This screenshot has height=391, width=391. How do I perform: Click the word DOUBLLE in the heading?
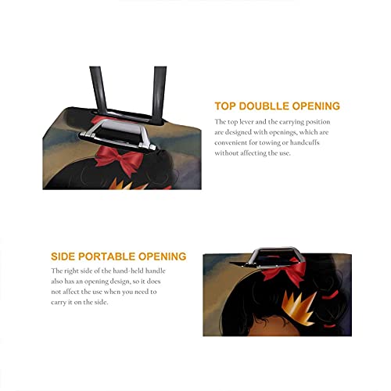tap(264, 106)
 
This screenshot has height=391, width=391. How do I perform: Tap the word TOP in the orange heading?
tap(225, 106)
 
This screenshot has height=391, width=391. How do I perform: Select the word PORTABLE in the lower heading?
tap(107, 256)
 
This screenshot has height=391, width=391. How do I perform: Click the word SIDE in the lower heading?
tap(63, 256)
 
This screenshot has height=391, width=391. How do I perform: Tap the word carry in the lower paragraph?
tap(57, 303)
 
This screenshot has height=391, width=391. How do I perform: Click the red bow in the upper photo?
tap(119, 159)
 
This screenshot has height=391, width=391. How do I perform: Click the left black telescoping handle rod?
tap(99, 90)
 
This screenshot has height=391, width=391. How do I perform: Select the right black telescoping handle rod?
tap(159, 94)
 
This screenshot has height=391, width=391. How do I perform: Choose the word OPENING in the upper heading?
tap(316, 106)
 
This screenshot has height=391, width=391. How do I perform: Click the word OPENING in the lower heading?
tap(162, 256)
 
